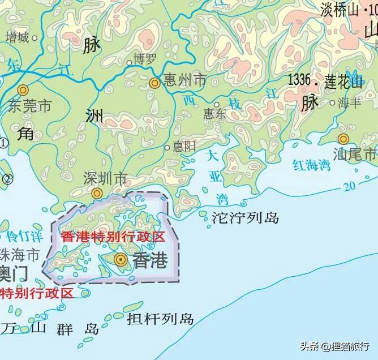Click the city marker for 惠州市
pyautogui.click(x=154, y=83)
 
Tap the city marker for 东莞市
pyautogui.click(x=23, y=89)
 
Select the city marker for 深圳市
pyautogui.click(x=97, y=194)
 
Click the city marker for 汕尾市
pyautogui.click(x=343, y=139)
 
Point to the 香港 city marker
pyautogui.click(x=121, y=259)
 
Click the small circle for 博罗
pyautogui.click(x=129, y=63)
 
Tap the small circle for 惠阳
pyautogui.click(x=167, y=147)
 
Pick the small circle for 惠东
pyautogui.click(x=217, y=104)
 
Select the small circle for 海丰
pyautogui.click(x=332, y=103)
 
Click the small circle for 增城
pyautogui.click(x=35, y=38)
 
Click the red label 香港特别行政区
pyautogui.click(x=113, y=237)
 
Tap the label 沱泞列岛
pyautogui.click(x=245, y=217)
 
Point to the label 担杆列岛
pyautogui.click(x=160, y=319)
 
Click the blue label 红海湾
pyautogui.click(x=311, y=165)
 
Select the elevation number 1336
pyautogui.click(x=299, y=80)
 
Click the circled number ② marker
pyautogui.click(x=7, y=179)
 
